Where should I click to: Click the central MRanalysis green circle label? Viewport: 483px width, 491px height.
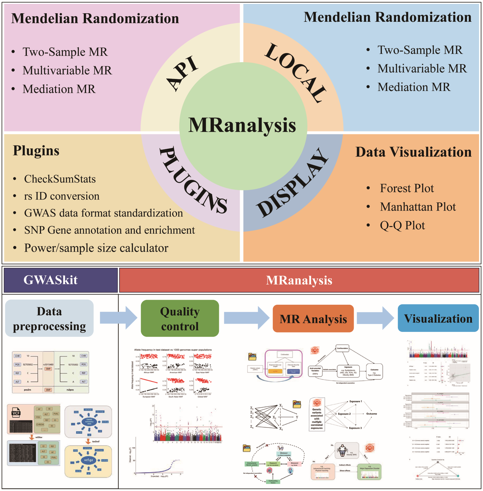[x=242, y=125]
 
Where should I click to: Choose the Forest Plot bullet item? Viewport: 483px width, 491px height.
[x=407, y=188]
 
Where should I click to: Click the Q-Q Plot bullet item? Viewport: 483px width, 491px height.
[x=402, y=225]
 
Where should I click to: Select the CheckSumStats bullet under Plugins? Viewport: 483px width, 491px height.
[x=60, y=179]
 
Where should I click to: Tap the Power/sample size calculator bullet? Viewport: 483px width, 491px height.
[x=96, y=248]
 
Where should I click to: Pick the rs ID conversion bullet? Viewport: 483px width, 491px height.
[x=62, y=196]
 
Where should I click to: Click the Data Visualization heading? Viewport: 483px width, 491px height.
[x=413, y=152]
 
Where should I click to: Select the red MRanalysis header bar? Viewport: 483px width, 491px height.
[x=299, y=280]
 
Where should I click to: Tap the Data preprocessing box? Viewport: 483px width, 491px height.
[x=49, y=318]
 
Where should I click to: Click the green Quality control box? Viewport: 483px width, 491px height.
[x=180, y=318]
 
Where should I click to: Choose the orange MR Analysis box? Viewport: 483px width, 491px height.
[x=313, y=319]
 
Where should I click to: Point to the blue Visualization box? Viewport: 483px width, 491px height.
[x=438, y=318]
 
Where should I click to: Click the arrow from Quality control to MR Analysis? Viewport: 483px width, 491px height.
[x=246, y=318]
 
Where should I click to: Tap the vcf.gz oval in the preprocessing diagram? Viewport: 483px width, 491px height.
[x=89, y=460]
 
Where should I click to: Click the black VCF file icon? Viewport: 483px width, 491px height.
[x=16, y=413]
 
